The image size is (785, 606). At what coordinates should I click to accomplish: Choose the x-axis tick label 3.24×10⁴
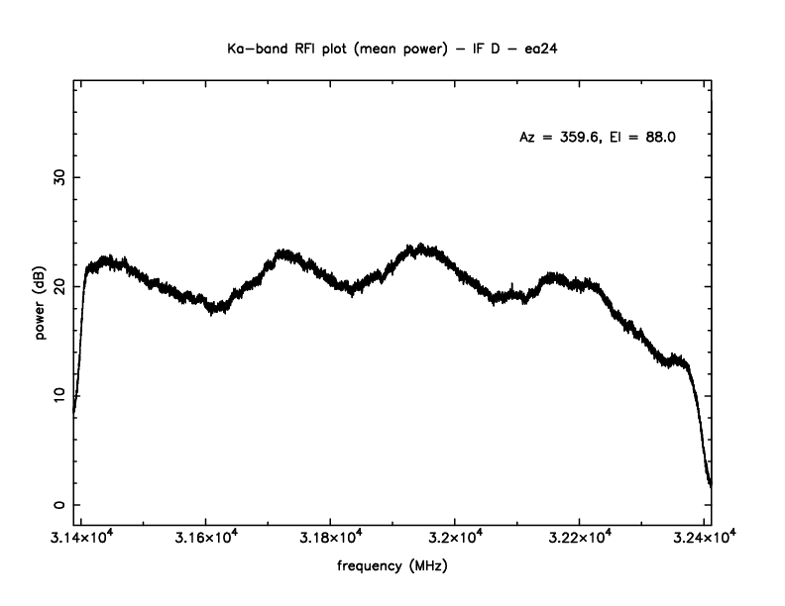704,538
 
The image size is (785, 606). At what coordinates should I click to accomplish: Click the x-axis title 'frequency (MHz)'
392,569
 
